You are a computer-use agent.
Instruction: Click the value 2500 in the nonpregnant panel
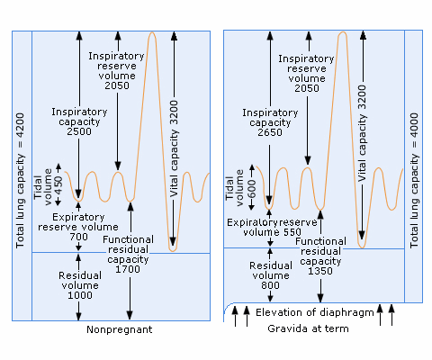pos(79,131)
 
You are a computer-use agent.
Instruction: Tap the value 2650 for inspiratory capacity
pos(270,132)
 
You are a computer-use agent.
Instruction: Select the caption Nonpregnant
pos(120,329)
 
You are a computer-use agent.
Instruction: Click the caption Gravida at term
pos(308,328)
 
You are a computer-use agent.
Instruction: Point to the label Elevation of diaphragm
pos(315,312)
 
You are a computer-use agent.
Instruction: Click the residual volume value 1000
pos(80,295)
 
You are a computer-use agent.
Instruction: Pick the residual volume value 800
pos(270,285)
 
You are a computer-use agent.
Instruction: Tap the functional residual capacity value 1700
pos(128,269)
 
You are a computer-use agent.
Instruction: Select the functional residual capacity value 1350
pos(320,271)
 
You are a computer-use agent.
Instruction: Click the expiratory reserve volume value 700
pos(79,237)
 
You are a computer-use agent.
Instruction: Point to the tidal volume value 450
pos(58,185)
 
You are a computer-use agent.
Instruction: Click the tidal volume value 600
pos(252,189)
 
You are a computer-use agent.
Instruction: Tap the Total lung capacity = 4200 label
pos(20,180)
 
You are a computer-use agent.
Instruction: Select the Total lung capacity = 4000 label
pos(414,180)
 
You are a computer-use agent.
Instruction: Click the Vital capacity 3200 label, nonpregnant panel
pos(174,148)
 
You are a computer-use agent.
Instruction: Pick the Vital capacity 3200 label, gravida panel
pos(363,133)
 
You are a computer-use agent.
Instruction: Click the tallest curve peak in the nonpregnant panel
pos(152,32)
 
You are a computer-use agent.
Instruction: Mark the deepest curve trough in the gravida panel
pos(362,247)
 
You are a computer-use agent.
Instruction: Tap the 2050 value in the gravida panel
pos(307,88)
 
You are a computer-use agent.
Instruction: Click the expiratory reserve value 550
pos(292,232)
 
